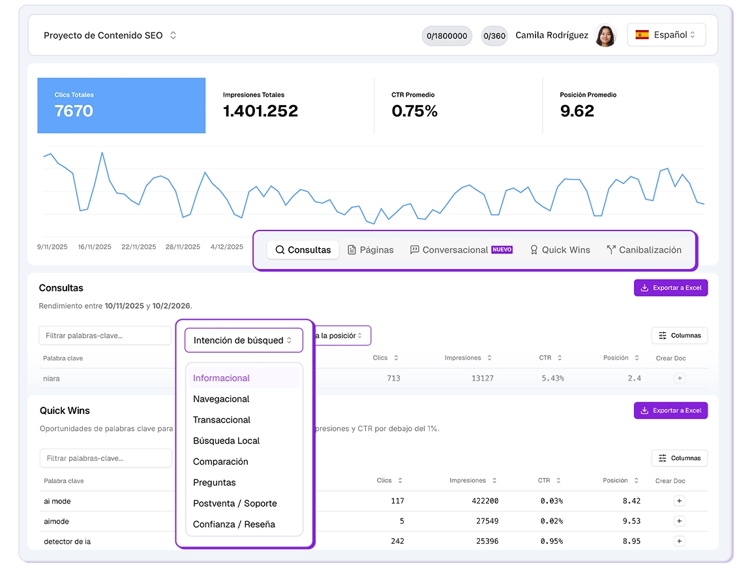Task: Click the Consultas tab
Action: pyautogui.click(x=303, y=250)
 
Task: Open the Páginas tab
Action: pyautogui.click(x=370, y=250)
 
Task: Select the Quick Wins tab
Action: pyautogui.click(x=560, y=250)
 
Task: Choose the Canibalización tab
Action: pyautogui.click(x=644, y=250)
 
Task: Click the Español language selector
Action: pyautogui.click(x=666, y=35)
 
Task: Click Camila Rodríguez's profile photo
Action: pyautogui.click(x=605, y=36)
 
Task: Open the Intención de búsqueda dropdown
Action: pyautogui.click(x=243, y=340)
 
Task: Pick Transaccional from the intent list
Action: pyautogui.click(x=222, y=420)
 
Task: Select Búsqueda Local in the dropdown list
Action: pyautogui.click(x=226, y=441)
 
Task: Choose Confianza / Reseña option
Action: pyautogui.click(x=234, y=524)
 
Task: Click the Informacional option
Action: pyautogui.click(x=222, y=378)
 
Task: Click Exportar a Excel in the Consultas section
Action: pyautogui.click(x=670, y=288)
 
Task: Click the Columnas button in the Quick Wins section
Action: pyautogui.click(x=679, y=458)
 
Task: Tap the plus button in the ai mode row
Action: pyautogui.click(x=679, y=501)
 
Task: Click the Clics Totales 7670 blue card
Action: pyautogui.click(x=121, y=106)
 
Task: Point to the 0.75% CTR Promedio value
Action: pyautogui.click(x=415, y=111)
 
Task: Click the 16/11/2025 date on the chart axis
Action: pyautogui.click(x=95, y=247)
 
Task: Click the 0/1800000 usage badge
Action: pyautogui.click(x=447, y=36)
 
